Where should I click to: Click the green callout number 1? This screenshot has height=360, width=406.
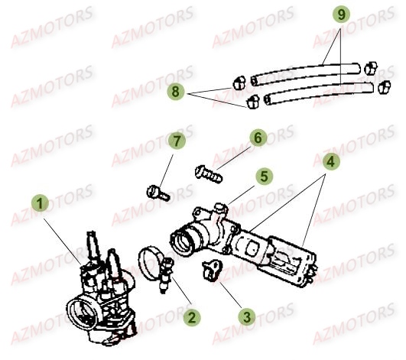pyautogui.click(x=40, y=203)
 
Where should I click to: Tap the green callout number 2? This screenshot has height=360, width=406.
pyautogui.click(x=192, y=317)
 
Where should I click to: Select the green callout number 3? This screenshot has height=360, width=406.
pyautogui.click(x=247, y=316)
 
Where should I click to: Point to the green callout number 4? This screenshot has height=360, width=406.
pyautogui.click(x=330, y=162)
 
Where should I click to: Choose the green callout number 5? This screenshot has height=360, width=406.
pyautogui.click(x=264, y=177)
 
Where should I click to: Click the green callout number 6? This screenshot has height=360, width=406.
pyautogui.click(x=258, y=138)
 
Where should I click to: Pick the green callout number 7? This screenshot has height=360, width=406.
pyautogui.click(x=177, y=141)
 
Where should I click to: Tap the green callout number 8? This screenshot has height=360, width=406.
pyautogui.click(x=176, y=92)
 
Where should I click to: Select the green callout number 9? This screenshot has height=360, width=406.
pyautogui.click(x=342, y=15)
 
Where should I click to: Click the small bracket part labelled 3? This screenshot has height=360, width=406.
pyautogui.click(x=213, y=270)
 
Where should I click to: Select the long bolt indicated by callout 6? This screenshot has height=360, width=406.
pyautogui.click(x=209, y=174)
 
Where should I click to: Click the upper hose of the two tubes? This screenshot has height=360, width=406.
pyautogui.click(x=306, y=74)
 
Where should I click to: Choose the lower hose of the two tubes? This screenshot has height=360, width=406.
pyautogui.click(x=319, y=93)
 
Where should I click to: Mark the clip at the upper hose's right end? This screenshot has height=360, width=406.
pyautogui.click(x=371, y=68)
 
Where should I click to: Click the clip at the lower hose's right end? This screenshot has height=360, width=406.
pyautogui.click(x=385, y=87)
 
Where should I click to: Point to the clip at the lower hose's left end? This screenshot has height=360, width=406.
pyautogui.click(x=252, y=102)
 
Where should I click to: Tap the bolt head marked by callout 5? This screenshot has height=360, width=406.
pyautogui.click(x=221, y=207)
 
